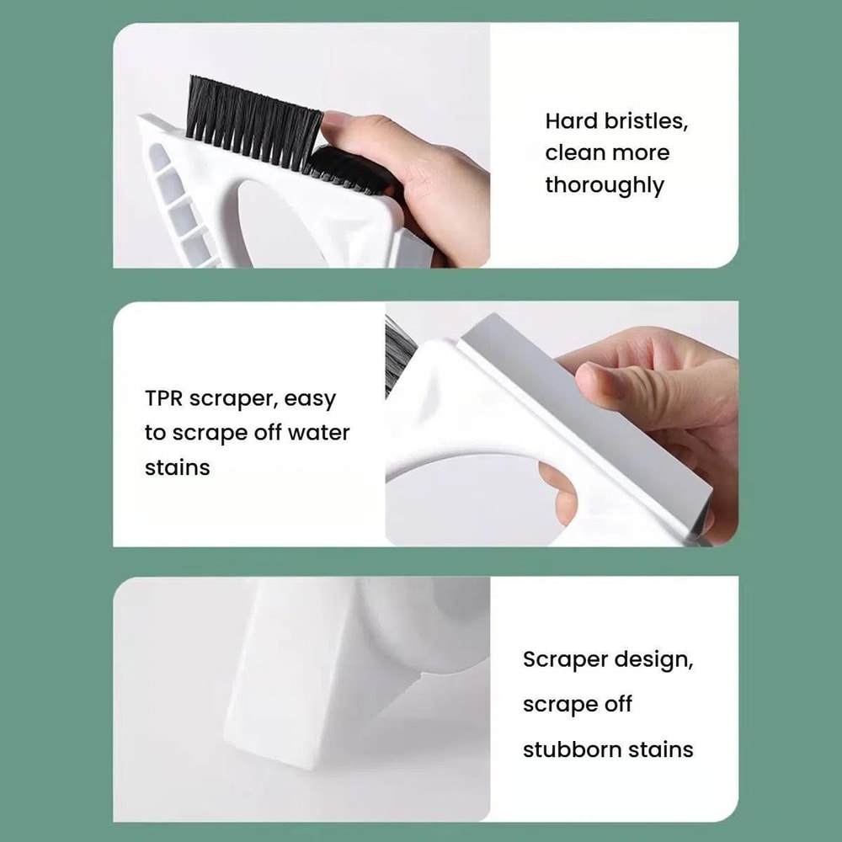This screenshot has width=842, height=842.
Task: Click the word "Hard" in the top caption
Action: tap(572, 121)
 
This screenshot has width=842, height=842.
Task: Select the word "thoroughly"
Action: tap(604, 185)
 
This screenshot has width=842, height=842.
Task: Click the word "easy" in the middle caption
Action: tap(309, 401)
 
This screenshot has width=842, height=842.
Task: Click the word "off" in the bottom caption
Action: tap(617, 704)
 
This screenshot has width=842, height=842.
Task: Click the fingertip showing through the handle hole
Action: tap(560, 497)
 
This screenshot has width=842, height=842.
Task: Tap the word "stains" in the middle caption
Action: tap(177, 467)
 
